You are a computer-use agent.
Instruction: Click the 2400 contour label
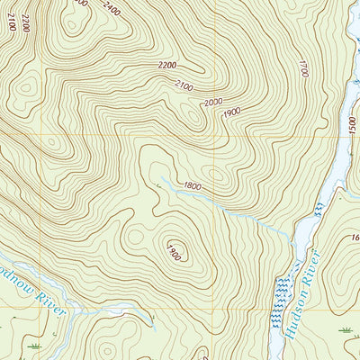[112, 9]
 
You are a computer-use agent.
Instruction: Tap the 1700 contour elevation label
[303, 67]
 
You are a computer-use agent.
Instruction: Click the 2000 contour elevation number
[212, 103]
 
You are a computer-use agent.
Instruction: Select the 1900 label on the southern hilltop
[174, 250]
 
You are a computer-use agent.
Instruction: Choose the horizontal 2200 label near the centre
[166, 65]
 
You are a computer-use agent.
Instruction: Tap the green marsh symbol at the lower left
[35, 345]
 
